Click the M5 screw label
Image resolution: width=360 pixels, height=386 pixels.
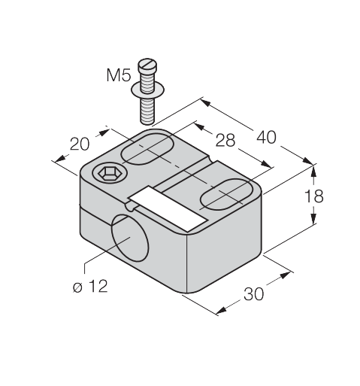119,75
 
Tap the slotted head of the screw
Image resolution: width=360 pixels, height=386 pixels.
147,65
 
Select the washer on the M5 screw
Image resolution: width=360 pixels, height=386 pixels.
148,90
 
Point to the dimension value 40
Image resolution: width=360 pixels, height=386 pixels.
266,138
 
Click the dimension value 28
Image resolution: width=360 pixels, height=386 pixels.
225,140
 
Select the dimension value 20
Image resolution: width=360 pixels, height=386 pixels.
80,144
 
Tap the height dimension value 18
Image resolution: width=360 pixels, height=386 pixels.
313,196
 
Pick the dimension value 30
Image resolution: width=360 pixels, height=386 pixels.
254,294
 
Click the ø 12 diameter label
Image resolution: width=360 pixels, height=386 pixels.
90,286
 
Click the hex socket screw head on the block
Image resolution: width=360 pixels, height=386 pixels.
110,173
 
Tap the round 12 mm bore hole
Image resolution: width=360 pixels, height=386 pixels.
130,238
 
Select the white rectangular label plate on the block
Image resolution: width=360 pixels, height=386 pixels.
168,208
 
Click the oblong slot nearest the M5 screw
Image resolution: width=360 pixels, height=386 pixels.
147,149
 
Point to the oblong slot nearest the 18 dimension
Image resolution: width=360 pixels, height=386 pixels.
227,194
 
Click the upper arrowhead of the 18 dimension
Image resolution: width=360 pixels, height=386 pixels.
313,172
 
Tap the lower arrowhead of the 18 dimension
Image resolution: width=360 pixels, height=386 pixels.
313,218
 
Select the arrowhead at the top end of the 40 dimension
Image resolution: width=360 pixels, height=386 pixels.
205,103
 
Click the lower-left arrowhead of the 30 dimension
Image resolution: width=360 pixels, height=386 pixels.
221,310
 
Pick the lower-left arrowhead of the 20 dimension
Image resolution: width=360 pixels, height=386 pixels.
60,158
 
